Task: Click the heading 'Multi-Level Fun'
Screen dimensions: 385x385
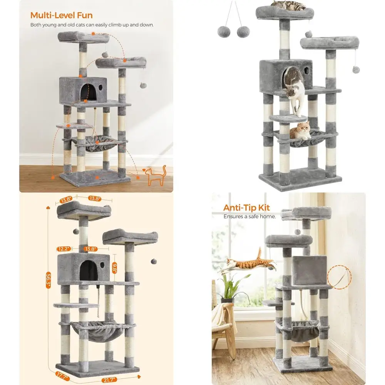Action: pos(62,15)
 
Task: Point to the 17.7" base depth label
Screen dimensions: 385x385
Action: pos(50,374)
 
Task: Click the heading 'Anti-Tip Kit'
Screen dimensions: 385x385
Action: pos(247,208)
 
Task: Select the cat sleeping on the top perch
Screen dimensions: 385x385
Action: pos(288,5)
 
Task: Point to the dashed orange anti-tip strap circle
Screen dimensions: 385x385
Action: pos(339,276)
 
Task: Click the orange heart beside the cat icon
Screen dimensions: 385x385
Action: pos(144,170)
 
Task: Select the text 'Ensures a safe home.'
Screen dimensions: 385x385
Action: pos(249,217)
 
